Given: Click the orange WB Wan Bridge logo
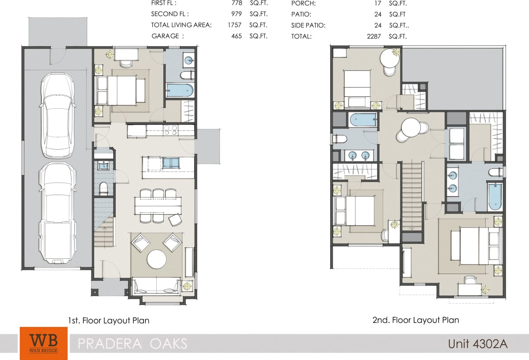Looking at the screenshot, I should pyautogui.click(x=43, y=343).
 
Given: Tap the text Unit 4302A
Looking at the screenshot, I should pyautogui.click(x=477, y=343).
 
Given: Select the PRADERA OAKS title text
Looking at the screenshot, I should pyautogui.click(x=133, y=343).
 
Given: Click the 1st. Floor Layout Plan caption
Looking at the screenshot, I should pyautogui.click(x=109, y=320).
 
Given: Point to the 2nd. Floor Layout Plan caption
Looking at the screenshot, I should pyautogui.click(x=415, y=319).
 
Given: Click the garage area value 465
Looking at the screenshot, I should pyautogui.click(x=236, y=36).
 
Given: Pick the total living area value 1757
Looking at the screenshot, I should pyautogui.click(x=234, y=25).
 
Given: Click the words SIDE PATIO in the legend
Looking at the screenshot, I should pyautogui.click(x=308, y=25).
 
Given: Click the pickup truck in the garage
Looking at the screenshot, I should pyautogui.click(x=58, y=213).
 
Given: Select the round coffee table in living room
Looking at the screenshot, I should pyautogui.click(x=157, y=259).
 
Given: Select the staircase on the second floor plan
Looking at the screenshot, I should pyautogui.click(x=412, y=196).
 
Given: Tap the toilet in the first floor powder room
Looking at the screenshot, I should pyautogui.click(x=102, y=188).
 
